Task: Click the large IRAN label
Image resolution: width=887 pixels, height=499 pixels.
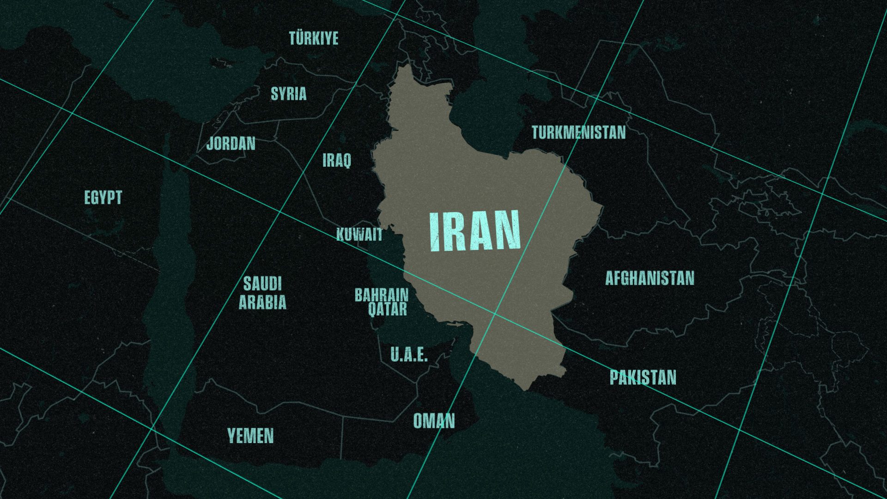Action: [x=475, y=231]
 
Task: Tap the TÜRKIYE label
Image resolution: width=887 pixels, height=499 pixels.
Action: [x=314, y=38]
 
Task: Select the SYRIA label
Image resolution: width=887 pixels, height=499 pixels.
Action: [x=288, y=94]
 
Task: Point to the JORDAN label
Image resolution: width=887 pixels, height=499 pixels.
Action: [x=231, y=143]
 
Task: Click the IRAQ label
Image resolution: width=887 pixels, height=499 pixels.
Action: [x=336, y=160]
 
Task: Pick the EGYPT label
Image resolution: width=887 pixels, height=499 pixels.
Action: [x=103, y=197]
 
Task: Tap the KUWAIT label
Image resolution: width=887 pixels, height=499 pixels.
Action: [x=359, y=234]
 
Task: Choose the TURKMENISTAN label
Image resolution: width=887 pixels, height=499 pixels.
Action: [x=578, y=133]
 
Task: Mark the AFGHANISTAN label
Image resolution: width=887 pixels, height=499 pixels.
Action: [x=650, y=278]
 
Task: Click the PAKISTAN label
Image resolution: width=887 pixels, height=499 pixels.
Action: [x=643, y=377]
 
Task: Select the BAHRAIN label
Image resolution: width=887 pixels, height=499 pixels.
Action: [x=382, y=295]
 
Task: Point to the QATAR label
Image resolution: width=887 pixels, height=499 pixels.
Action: [x=388, y=309]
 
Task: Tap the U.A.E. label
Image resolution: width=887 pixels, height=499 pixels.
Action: [x=409, y=355]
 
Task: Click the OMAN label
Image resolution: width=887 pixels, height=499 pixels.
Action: [x=434, y=421]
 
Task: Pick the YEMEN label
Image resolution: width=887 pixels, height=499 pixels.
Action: [x=250, y=435]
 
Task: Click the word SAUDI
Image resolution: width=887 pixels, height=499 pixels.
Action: [x=262, y=284]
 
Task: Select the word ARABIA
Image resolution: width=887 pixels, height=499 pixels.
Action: [x=262, y=302]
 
